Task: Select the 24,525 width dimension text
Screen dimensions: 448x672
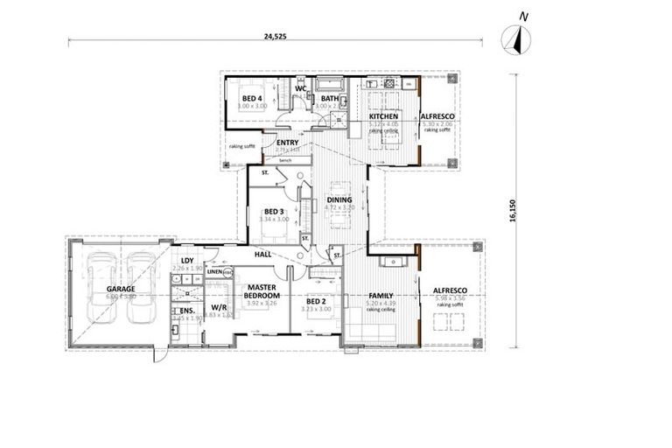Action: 275,36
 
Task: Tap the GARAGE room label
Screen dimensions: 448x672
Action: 120,288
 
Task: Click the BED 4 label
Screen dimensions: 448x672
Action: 254,98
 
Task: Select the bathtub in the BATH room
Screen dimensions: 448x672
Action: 330,85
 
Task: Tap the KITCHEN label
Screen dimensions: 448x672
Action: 383,116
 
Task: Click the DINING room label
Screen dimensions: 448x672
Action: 339,200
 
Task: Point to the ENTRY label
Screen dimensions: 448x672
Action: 288,143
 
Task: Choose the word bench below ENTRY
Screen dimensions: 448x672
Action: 284,161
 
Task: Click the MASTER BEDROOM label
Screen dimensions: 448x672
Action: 262,291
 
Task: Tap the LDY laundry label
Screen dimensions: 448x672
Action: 187,261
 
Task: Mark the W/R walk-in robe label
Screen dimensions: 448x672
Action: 219,308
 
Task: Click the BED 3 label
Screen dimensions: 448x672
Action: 274,211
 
